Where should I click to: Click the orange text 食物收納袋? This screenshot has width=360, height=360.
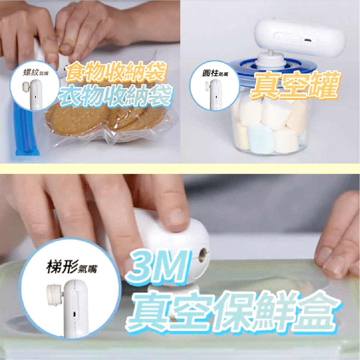[116, 71]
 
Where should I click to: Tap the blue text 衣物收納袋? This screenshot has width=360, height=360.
[115, 96]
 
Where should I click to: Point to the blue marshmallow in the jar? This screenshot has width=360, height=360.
[261, 139]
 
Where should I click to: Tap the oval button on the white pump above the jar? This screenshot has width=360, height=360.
[288, 37]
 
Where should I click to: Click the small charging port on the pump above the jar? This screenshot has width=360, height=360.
[308, 40]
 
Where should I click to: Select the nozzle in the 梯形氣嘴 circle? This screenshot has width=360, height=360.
[55, 295]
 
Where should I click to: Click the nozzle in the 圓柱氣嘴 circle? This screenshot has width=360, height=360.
[207, 88]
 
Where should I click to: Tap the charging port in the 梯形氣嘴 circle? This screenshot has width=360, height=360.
[74, 313]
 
